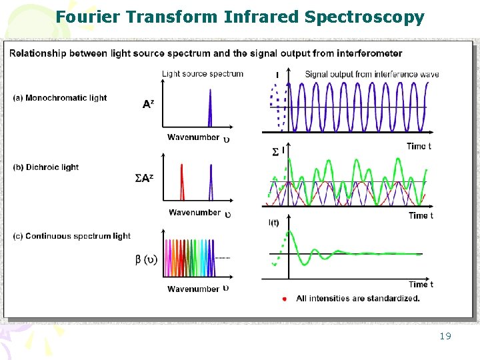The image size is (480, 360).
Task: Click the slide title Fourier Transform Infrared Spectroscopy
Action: (x=240, y=17)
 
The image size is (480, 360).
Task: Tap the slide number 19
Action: (x=445, y=336)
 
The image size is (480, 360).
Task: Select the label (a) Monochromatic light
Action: (x=59, y=98)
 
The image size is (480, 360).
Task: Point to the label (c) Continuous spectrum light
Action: (x=72, y=236)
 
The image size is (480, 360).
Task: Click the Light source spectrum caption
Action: (x=203, y=73)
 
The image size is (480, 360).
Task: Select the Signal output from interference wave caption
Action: (x=372, y=74)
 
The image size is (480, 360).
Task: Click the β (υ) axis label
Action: (x=146, y=259)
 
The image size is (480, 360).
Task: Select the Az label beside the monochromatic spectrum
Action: (x=148, y=103)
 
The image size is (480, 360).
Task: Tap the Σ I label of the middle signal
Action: (x=279, y=152)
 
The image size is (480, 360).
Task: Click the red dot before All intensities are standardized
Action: (x=285, y=299)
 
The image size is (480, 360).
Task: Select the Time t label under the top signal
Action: (x=419, y=146)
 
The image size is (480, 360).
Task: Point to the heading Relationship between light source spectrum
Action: (x=206, y=53)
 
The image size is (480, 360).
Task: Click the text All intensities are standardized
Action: (x=358, y=299)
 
